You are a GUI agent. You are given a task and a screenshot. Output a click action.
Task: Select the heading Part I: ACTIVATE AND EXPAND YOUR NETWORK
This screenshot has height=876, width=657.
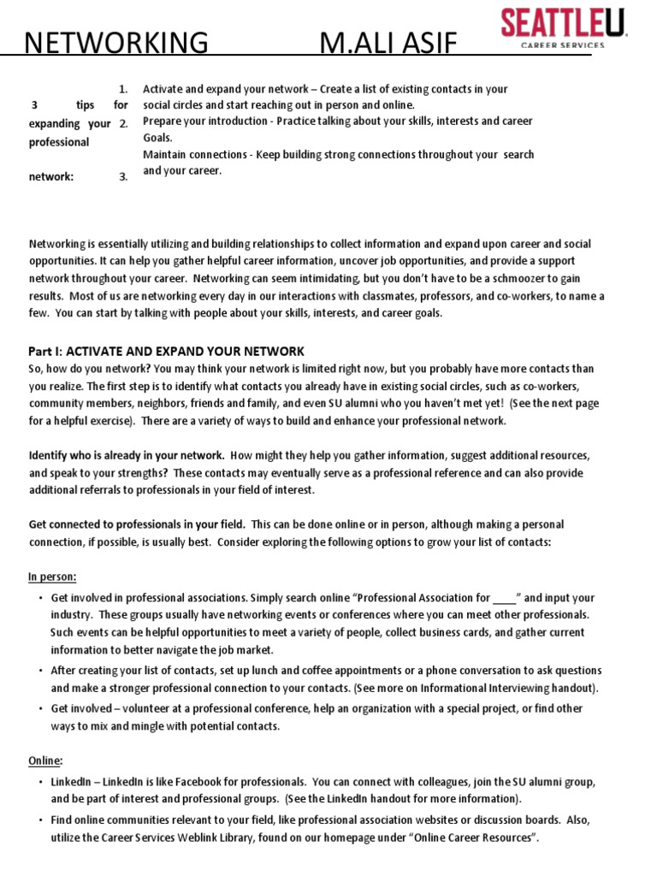(x=166, y=352)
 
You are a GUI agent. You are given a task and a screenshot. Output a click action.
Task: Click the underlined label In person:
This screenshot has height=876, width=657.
(x=52, y=577)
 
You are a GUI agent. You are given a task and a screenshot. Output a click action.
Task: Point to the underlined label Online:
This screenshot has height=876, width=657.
(x=45, y=761)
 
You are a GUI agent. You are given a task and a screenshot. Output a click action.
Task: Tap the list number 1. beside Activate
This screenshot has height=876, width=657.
(x=123, y=89)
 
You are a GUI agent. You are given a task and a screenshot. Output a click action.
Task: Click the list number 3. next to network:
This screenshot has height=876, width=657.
(x=123, y=177)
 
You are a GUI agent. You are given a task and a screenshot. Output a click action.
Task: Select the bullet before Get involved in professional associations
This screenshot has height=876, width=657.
(x=40, y=599)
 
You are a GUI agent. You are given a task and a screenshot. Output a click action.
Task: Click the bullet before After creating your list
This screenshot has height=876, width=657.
(x=40, y=672)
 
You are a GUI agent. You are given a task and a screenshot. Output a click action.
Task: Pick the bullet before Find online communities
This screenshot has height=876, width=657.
(x=40, y=820)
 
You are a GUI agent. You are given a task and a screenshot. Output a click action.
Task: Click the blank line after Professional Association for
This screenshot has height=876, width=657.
(x=505, y=599)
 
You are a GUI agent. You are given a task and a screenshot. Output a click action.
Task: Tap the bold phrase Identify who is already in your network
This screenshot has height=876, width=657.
(x=127, y=455)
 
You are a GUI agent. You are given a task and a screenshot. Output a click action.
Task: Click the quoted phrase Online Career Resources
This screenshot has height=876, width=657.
(x=463, y=838)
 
